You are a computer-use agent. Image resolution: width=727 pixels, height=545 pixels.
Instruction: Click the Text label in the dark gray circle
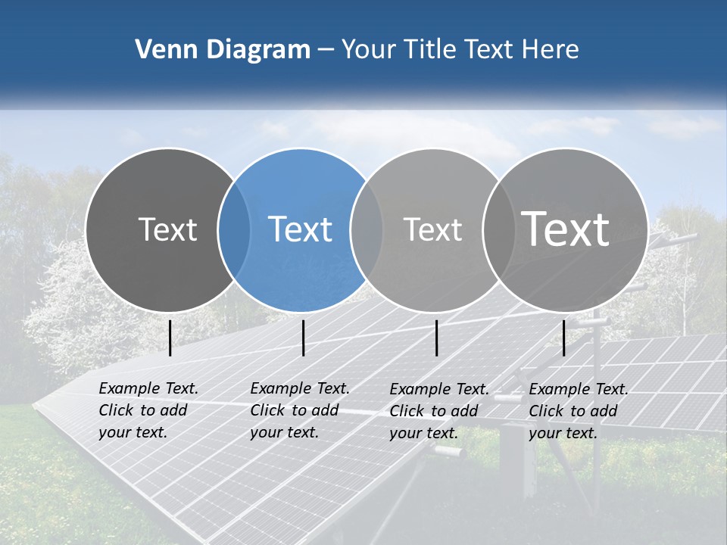coord(167,229)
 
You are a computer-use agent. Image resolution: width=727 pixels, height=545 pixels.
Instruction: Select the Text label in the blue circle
coord(300,229)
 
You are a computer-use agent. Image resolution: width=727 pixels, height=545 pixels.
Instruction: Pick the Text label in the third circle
coord(432,229)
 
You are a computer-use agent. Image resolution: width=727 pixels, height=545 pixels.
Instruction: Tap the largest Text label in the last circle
coord(565,229)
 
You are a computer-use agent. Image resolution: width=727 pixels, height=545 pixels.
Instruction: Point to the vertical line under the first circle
coord(170,338)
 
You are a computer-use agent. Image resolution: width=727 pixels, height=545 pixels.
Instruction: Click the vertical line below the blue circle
coord(303,338)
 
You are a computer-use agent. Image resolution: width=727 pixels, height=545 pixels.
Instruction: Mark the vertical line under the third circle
coord(437,338)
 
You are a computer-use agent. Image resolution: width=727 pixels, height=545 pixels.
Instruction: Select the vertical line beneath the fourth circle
coord(564,338)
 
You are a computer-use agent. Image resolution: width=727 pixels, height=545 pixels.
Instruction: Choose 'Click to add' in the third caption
coord(434,411)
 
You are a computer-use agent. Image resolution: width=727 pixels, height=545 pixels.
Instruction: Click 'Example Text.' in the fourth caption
coord(579,389)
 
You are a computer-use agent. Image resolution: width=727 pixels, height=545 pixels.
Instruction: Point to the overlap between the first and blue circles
coord(234,229)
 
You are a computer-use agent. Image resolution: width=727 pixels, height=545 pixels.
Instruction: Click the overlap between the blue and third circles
coord(367,229)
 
